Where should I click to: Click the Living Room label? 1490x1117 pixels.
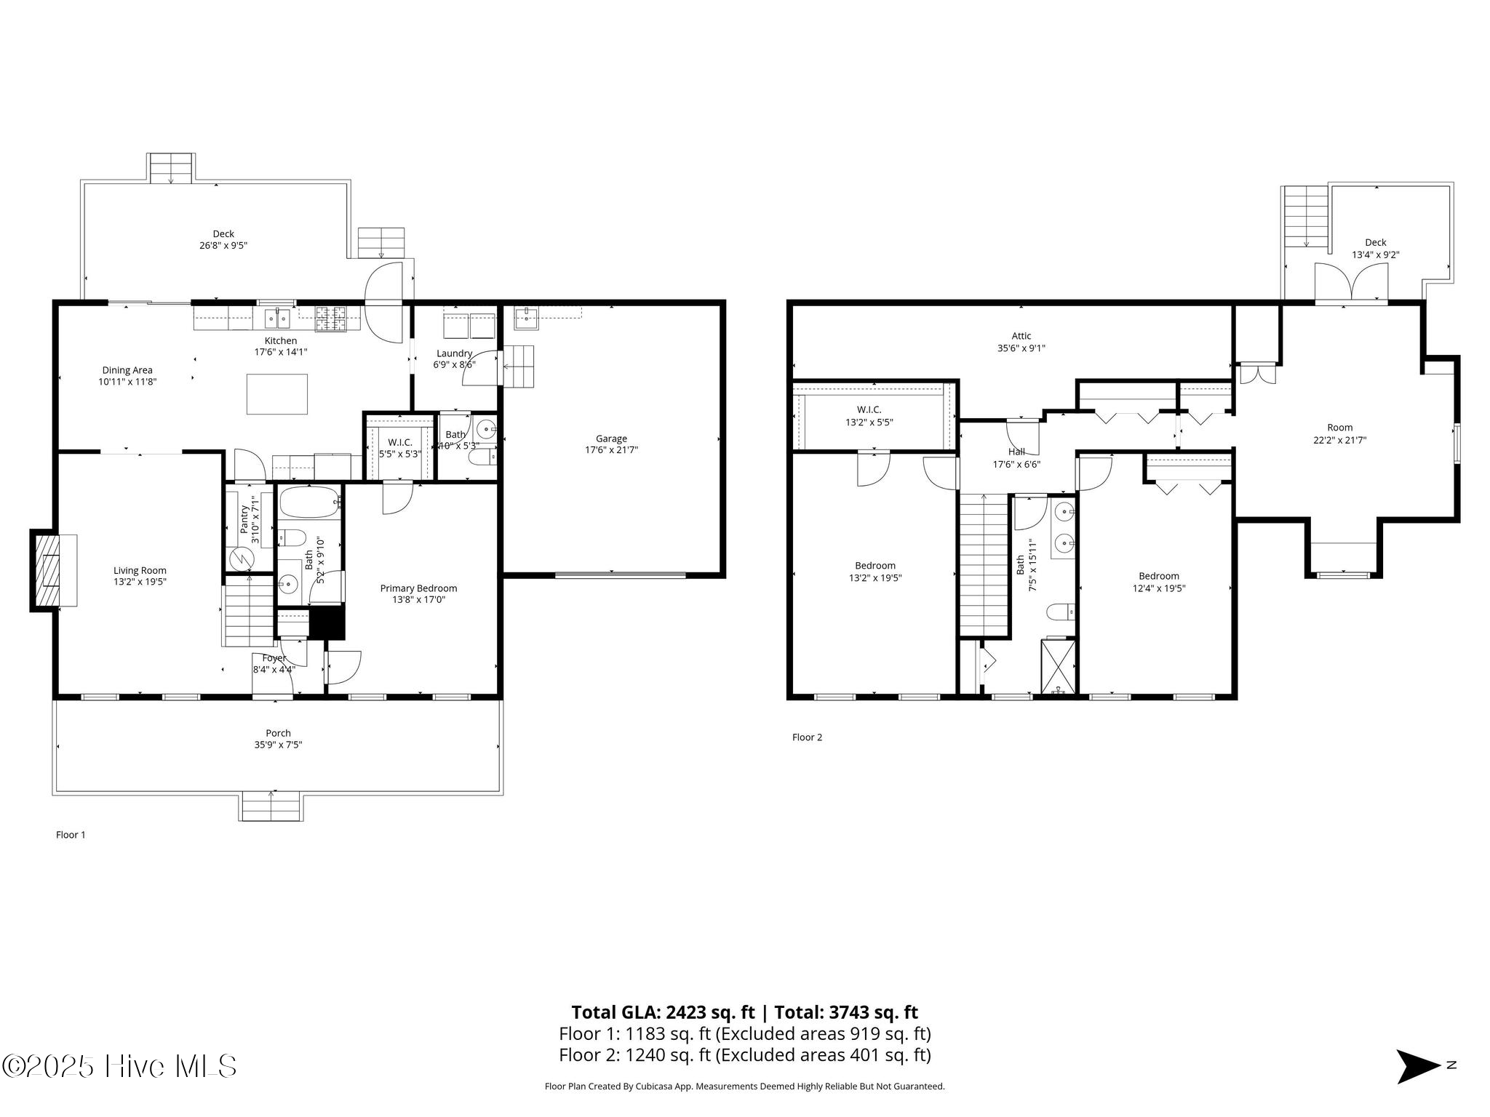pyautogui.click(x=140, y=571)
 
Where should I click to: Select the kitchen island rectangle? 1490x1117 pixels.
pyautogui.click(x=276, y=393)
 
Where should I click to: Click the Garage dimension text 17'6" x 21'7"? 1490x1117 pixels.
pyautogui.click(x=611, y=450)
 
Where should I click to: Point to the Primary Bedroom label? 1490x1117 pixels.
pyautogui.click(x=418, y=588)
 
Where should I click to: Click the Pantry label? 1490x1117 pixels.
pyautogui.click(x=244, y=519)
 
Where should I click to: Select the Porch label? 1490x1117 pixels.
pyautogui.click(x=278, y=733)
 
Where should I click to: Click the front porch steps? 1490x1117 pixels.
pyautogui.click(x=271, y=806)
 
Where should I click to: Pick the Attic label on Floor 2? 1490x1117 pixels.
pyautogui.click(x=1021, y=336)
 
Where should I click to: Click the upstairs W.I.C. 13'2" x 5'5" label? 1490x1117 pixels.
pyautogui.click(x=869, y=416)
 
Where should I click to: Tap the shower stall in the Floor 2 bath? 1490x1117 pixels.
pyautogui.click(x=1058, y=666)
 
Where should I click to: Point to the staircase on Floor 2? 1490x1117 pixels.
pyautogui.click(x=984, y=564)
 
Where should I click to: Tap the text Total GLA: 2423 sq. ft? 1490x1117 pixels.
pyautogui.click(x=664, y=1012)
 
